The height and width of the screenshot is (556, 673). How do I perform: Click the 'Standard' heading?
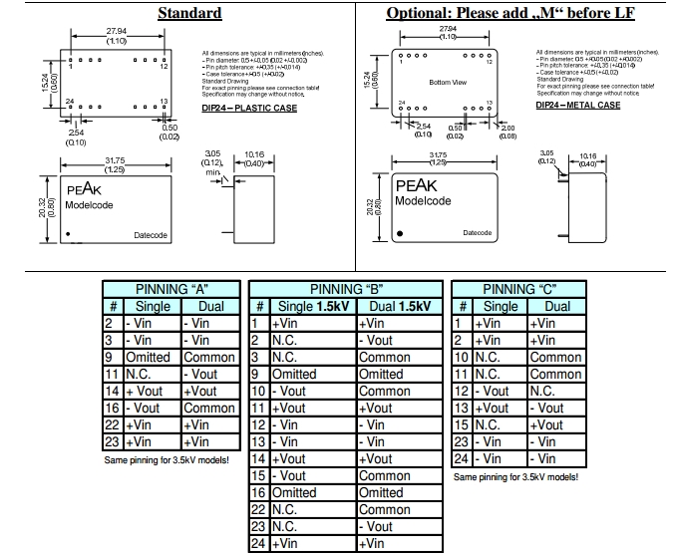click(189, 13)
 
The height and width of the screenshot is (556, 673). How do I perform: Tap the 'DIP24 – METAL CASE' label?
click(577, 105)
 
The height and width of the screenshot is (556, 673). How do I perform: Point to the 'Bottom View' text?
click(448, 82)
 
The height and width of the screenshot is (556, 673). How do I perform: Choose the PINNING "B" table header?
click(343, 289)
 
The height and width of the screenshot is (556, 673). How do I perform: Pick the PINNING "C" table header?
click(517, 289)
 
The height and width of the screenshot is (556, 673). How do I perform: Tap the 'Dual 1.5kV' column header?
click(395, 306)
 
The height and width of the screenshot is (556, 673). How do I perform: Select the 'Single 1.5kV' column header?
click(312, 306)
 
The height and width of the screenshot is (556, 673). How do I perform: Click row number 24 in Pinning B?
click(257, 543)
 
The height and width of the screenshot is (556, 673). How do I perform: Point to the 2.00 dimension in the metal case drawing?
click(507, 129)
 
